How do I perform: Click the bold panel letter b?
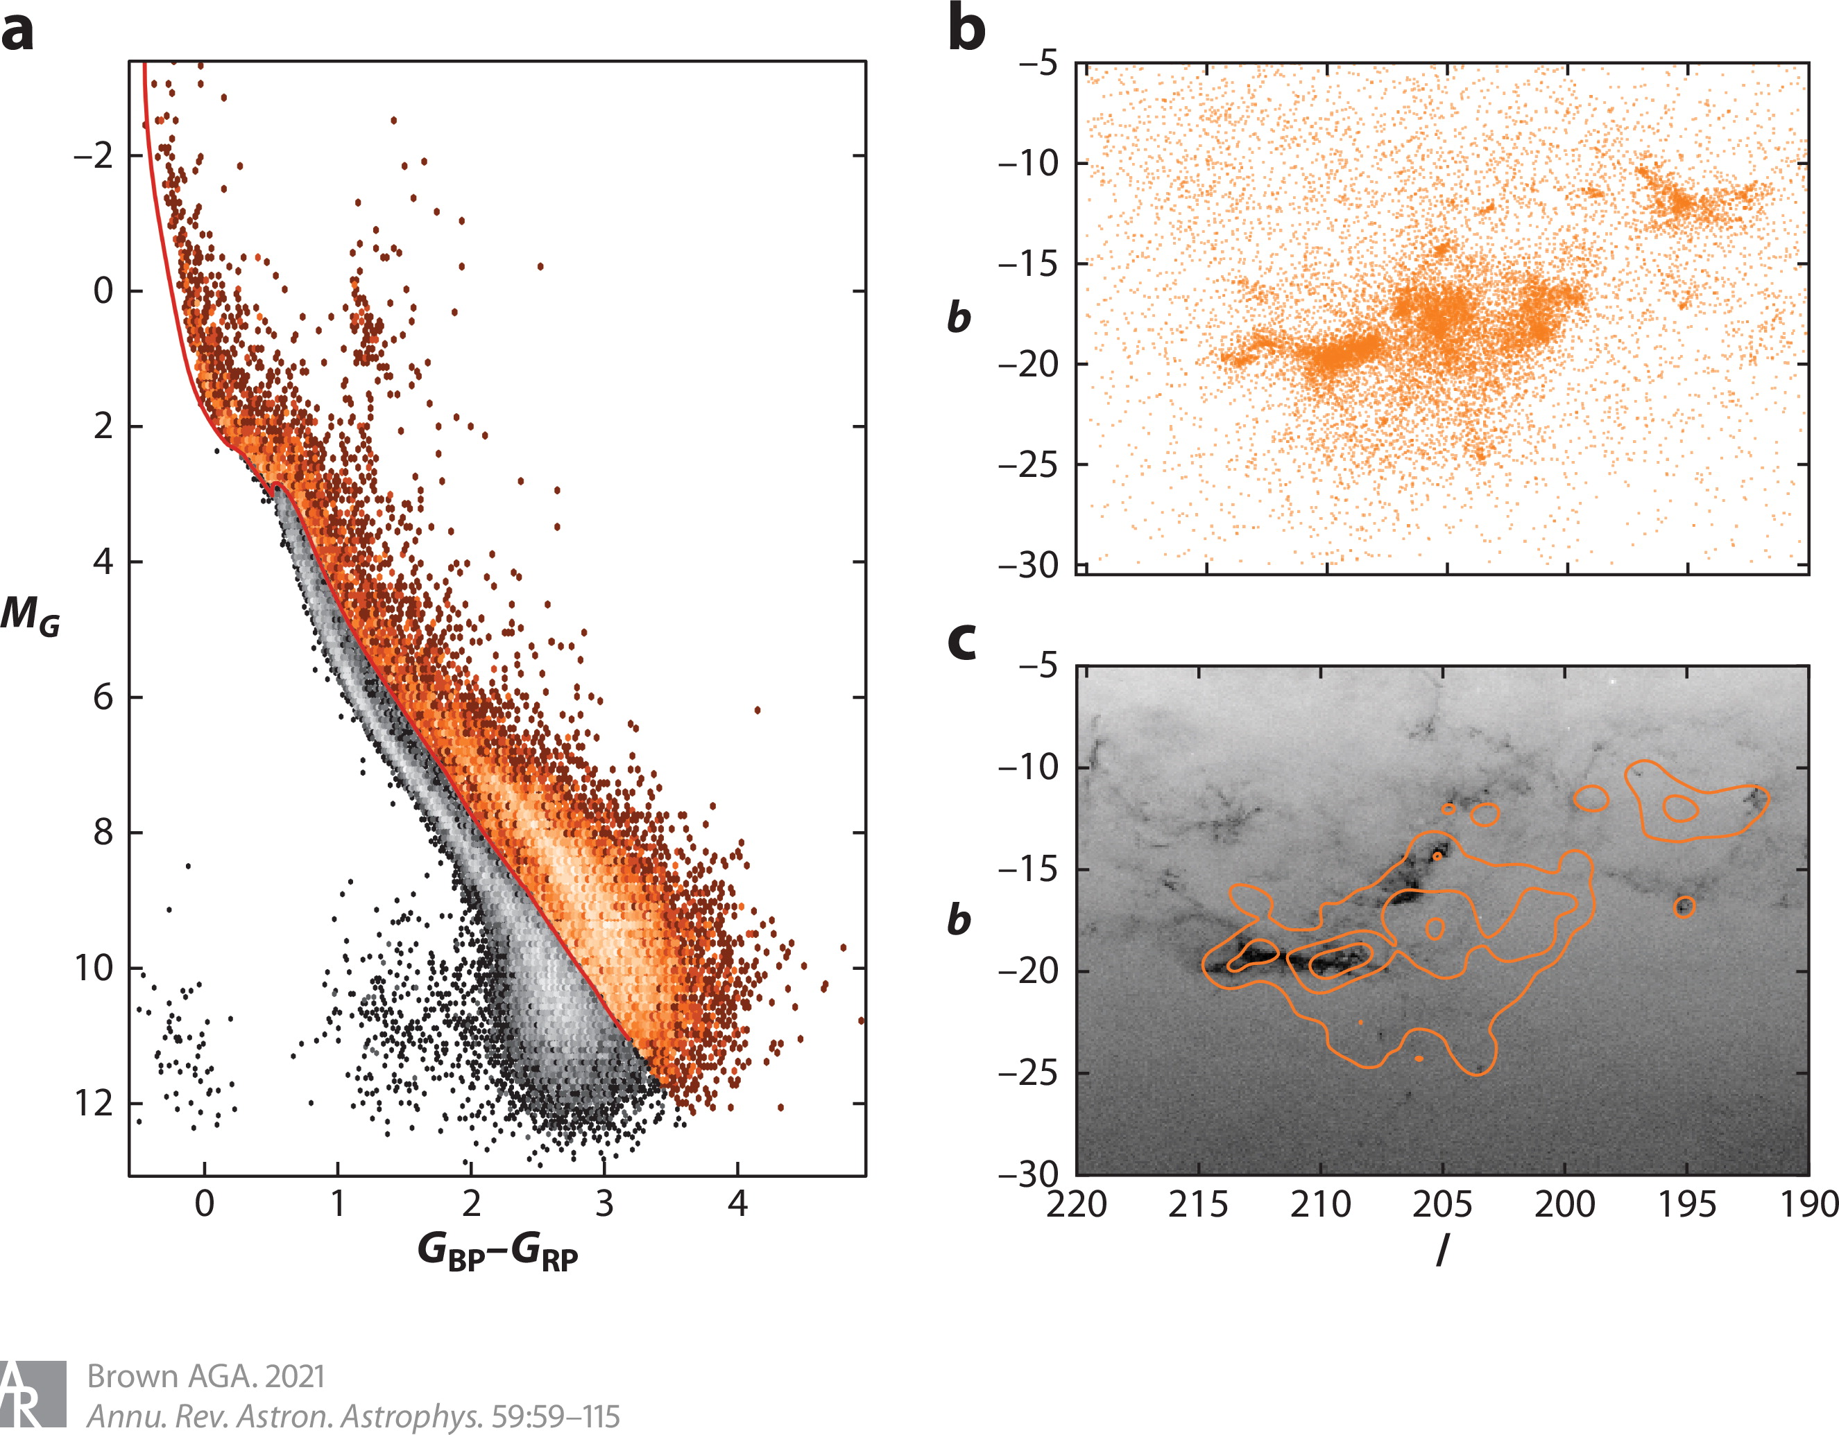966,28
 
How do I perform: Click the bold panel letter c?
961,641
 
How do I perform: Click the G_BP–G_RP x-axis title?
497,1251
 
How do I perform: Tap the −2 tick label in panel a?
93,156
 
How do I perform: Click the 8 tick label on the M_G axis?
103,833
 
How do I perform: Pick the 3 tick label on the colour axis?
604,1204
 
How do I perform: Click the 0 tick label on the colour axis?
205,1204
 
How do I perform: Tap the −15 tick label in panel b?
1028,264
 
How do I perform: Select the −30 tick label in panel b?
1028,565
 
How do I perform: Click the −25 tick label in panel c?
1028,1074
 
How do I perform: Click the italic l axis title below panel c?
1442,1251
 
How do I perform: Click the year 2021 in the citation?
295,1376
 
